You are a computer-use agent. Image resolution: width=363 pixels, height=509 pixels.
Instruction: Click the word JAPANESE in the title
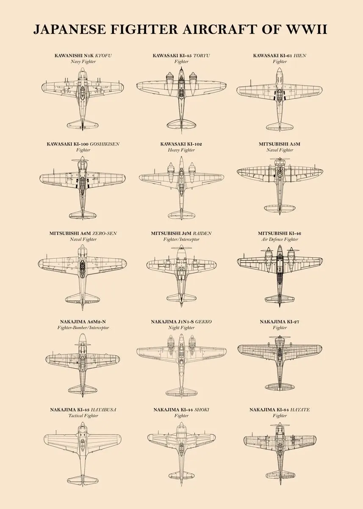[68, 29]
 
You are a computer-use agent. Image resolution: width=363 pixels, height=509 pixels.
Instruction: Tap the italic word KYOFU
[103, 56]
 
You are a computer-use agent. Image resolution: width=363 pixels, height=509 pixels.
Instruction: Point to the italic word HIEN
[299, 56]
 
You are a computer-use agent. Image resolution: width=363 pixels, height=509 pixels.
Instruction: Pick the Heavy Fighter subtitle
[181, 150]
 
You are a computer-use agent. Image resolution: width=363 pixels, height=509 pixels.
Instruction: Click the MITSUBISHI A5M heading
[280, 144]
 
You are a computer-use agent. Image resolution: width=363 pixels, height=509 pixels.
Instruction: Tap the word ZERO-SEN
[105, 233]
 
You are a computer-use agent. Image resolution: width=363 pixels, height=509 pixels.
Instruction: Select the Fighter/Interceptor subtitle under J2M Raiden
[181, 239]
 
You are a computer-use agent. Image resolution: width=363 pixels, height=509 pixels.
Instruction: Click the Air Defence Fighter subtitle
[280, 239]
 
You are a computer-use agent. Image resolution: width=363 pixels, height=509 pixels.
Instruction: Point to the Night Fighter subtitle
[181, 327]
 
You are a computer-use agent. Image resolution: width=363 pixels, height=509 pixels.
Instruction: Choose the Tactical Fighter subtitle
[83, 416]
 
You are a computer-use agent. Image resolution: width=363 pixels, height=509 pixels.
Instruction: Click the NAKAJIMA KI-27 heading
[280, 322]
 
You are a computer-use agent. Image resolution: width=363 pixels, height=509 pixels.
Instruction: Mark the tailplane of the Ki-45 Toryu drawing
[181, 123]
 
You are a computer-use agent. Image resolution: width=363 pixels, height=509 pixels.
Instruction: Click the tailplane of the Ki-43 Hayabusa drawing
[83, 479]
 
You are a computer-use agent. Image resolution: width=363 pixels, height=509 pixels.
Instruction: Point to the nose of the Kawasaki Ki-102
[181, 159]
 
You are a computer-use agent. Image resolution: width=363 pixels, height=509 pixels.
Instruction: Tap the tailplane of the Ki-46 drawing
[280, 298]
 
